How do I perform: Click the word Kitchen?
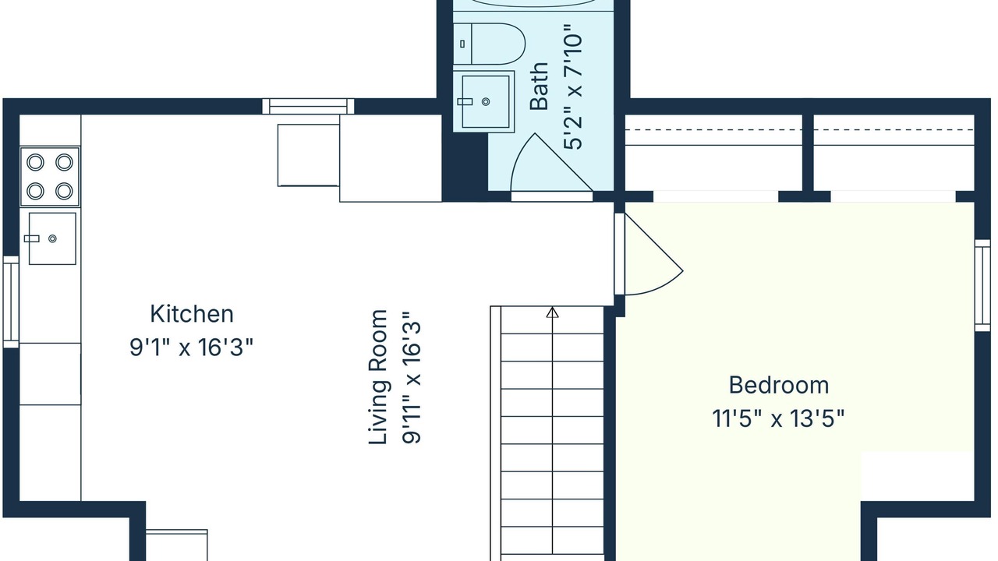[192, 314]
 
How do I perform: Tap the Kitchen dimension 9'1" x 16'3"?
[192, 348]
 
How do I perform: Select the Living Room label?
[378, 377]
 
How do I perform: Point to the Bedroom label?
[779, 385]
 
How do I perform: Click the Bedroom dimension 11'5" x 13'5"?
[778, 418]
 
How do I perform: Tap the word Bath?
[540, 86]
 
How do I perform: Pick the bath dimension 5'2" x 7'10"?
[573, 92]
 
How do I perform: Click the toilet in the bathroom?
[489, 44]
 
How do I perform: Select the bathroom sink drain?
[486, 101]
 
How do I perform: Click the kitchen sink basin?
[52, 238]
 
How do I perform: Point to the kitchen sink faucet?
[32, 238]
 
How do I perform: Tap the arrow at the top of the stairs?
[553, 312]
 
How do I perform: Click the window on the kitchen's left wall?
[11, 302]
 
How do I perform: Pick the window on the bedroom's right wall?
[982, 285]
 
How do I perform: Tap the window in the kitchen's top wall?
[308, 107]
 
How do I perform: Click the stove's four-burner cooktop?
[50, 177]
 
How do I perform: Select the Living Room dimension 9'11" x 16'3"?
[411, 377]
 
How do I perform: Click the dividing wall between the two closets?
[809, 153]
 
